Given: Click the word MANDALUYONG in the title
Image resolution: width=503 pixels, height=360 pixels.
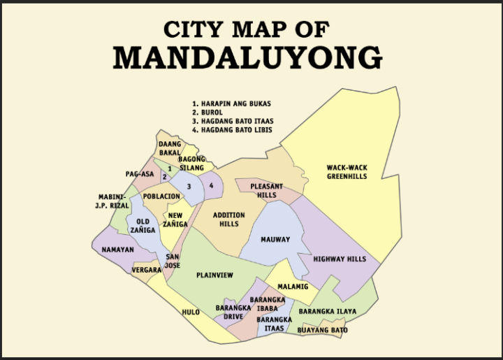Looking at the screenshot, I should pos(247,57).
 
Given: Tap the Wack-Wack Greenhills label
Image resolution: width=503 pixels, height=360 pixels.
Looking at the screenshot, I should pos(347,172).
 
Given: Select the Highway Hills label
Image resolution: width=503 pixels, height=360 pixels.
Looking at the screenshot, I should pos(340,259).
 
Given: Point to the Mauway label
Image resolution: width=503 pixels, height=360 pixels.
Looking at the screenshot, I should pos(275,240).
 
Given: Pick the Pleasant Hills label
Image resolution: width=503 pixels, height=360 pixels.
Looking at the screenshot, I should pos(267,191).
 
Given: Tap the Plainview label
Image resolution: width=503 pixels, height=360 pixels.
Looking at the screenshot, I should pos(215,275).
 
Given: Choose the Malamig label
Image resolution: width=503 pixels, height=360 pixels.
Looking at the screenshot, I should pos(292,287).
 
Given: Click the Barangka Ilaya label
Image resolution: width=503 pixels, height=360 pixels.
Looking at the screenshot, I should pos(328,311).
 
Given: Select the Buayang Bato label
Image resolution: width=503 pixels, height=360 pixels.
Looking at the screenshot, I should pos(322,330).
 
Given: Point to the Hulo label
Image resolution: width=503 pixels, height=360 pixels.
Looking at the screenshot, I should pos(191,312).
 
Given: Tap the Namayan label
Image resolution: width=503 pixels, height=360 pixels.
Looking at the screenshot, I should pos(117,250).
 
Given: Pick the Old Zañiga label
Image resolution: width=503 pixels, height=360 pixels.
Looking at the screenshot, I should pos(143,225).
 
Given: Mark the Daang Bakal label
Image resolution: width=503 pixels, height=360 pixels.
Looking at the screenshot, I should pos(170,148).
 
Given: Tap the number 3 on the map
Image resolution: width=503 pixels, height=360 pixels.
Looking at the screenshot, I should pos(189,186).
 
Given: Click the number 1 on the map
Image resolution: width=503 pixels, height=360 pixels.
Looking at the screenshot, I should pos(170,169).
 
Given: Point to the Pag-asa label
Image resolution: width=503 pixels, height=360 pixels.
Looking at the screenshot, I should pos(140,174).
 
